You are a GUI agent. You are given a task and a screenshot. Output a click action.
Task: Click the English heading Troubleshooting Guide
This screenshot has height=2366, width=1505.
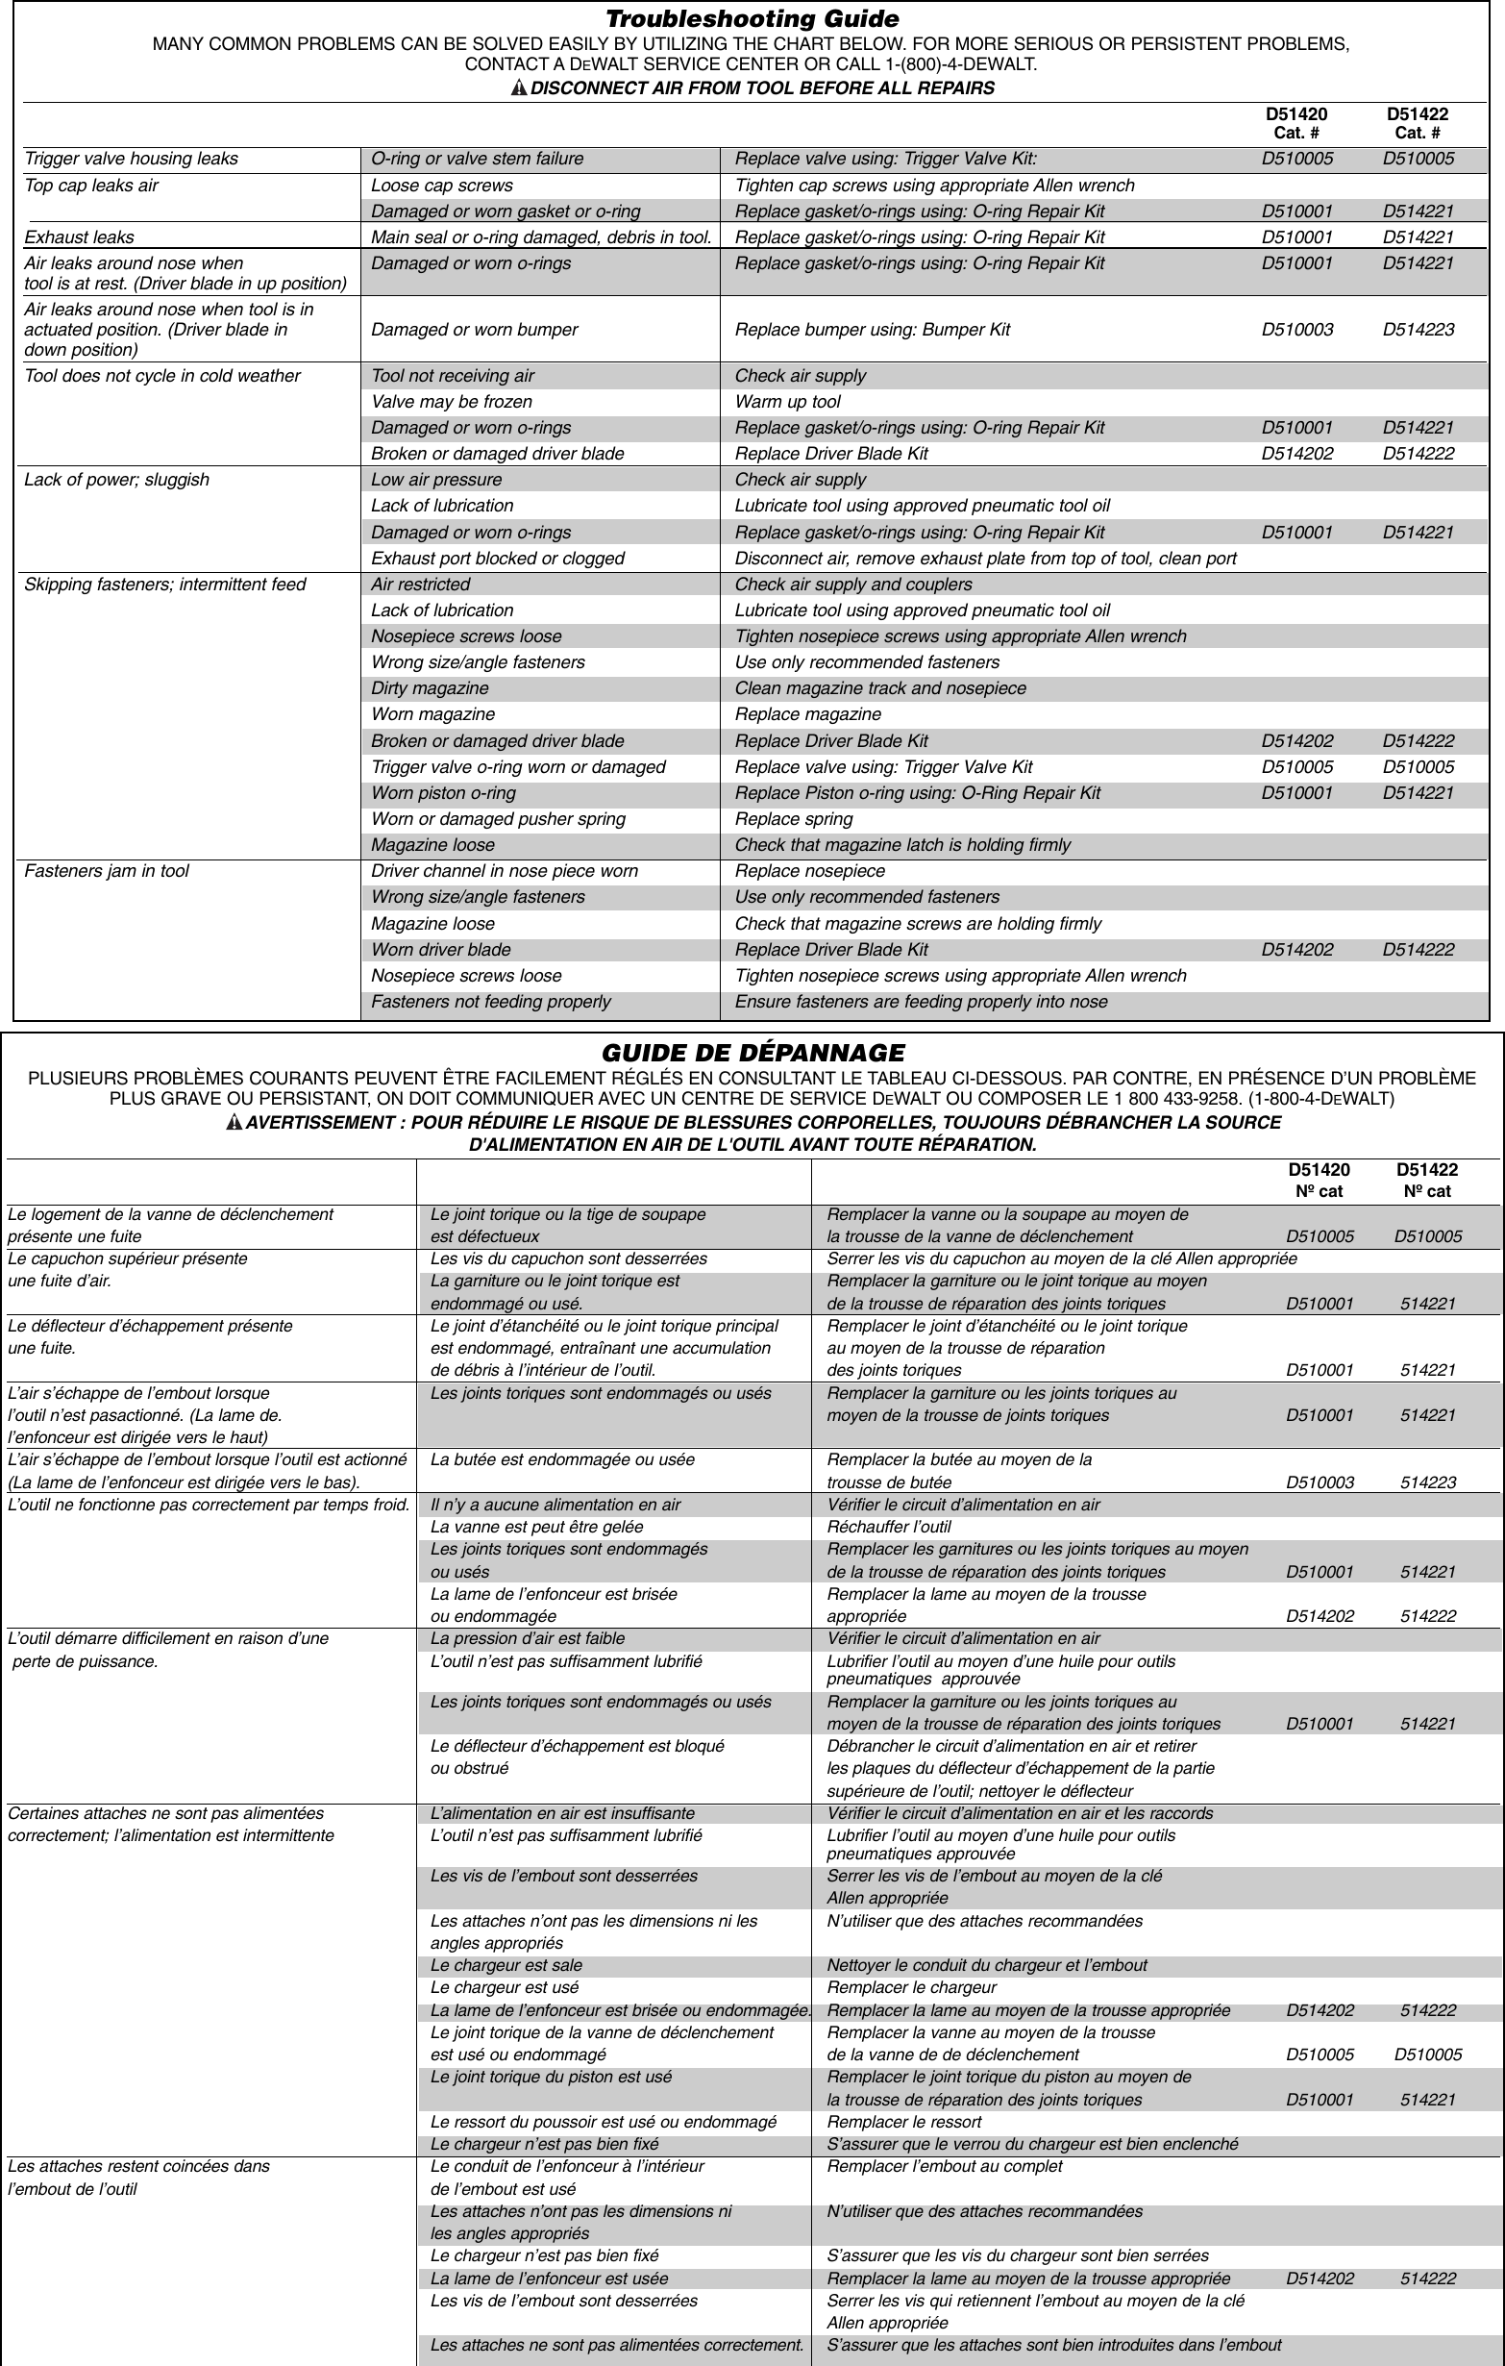click(752, 18)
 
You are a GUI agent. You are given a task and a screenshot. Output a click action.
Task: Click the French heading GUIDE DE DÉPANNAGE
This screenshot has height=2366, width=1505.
click(752, 1054)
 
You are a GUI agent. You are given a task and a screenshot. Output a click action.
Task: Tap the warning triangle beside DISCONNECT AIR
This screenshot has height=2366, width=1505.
click(519, 88)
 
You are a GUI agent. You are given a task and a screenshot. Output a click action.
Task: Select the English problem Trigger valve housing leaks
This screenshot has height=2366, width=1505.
click(131, 160)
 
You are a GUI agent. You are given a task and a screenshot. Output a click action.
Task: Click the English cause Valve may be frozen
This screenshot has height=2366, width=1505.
click(451, 402)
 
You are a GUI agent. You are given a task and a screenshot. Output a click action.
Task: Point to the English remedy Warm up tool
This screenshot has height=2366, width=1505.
click(787, 402)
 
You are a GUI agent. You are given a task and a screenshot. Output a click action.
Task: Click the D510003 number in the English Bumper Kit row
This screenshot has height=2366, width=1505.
click(1296, 330)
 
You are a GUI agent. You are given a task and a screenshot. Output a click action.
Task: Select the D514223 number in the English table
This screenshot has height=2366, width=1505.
click(1418, 330)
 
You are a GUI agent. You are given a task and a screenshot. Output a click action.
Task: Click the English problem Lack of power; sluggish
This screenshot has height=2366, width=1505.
click(116, 480)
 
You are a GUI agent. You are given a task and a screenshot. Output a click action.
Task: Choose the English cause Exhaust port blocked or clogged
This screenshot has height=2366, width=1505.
click(497, 559)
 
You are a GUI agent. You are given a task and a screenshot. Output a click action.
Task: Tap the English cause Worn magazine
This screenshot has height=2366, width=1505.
click(432, 714)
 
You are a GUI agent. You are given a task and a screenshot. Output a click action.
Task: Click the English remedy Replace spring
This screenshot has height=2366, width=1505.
click(793, 819)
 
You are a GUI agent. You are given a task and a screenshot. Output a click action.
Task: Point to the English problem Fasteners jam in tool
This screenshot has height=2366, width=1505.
click(106, 872)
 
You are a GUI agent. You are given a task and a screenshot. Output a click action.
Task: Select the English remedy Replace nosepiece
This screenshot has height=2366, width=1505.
click(809, 872)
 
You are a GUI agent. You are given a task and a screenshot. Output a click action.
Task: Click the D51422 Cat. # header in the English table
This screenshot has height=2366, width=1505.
click(1417, 123)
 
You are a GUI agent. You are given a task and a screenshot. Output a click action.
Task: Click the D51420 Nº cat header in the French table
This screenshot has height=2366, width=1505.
click(1319, 1180)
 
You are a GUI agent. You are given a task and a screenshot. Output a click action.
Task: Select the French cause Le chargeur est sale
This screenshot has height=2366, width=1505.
click(506, 1965)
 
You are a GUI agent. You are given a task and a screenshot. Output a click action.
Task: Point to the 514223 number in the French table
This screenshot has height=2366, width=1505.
click(1427, 1482)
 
